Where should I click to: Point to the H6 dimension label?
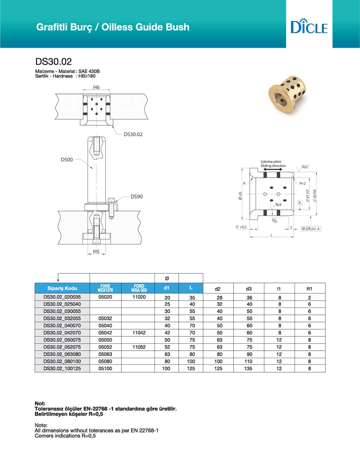[96, 87]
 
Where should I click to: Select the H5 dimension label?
[96, 252]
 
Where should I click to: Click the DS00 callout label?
[66, 160]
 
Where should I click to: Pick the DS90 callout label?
[137, 197]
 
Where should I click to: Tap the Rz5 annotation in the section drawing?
[305, 167]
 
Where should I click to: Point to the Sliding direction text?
[273, 166]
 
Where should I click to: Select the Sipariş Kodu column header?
[62, 288]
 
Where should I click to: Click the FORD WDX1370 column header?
[106, 288]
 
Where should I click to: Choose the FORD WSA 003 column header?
[138, 288]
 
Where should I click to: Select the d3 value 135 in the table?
[249, 369]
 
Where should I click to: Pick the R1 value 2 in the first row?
[309, 297]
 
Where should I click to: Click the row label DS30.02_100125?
[62, 369]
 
